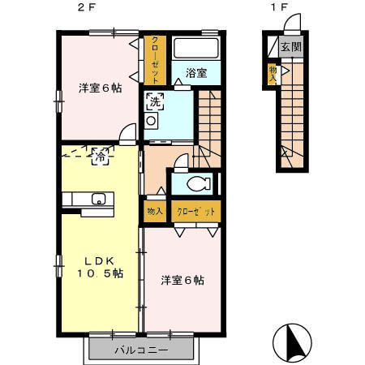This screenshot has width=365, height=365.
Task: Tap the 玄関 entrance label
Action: point(290,47)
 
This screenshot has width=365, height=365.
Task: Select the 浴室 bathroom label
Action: point(195,73)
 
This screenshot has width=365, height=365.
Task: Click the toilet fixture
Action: point(199,182)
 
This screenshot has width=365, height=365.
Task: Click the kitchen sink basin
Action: point(99,199)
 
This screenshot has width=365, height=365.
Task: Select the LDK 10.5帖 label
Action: point(101,267)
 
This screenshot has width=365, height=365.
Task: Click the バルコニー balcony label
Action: point(140,351)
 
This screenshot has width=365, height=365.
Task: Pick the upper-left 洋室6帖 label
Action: point(100,88)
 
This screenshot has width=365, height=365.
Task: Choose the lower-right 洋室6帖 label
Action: point(182,281)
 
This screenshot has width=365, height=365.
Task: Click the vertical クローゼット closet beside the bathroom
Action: point(155,60)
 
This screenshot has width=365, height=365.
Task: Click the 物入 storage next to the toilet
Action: point(154,211)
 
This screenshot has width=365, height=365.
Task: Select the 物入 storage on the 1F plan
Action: point(273,74)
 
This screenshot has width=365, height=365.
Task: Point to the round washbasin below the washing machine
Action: point(151,121)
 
